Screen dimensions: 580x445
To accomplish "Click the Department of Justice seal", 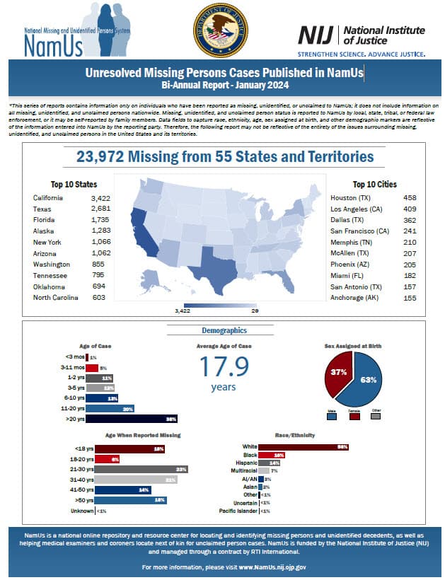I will [221, 30].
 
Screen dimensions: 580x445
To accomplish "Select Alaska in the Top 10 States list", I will [44, 231].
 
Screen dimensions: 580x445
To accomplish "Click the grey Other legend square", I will [376, 416].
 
